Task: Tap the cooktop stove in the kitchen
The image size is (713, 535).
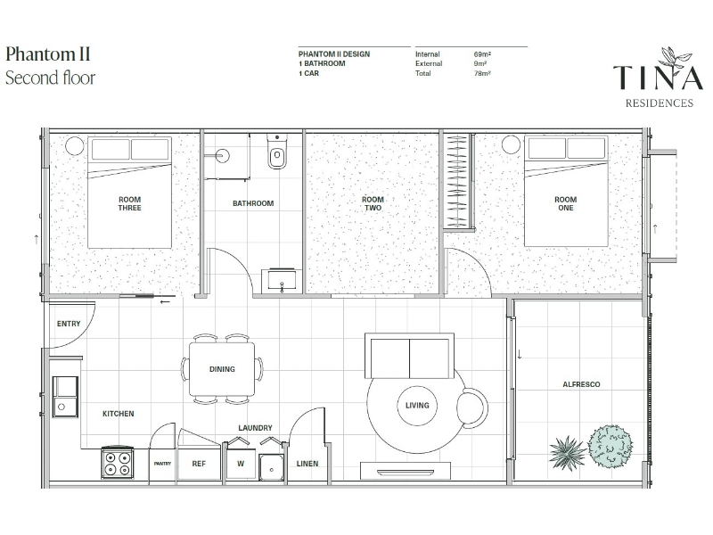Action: (118, 463)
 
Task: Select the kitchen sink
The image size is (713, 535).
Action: (65, 396)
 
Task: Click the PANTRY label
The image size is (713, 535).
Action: (162, 464)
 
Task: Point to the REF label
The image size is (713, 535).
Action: (199, 464)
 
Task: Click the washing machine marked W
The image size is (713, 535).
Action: (241, 460)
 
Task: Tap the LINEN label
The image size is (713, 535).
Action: (307, 464)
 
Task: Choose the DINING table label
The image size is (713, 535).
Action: (222, 369)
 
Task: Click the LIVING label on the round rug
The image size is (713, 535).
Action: (417, 405)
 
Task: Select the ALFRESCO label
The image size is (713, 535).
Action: (581, 384)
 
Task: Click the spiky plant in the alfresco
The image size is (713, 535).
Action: (567, 452)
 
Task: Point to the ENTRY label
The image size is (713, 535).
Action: (69, 324)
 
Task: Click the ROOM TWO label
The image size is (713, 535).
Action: (373, 203)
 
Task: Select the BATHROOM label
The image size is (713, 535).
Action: (253, 203)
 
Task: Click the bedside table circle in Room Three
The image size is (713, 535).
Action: (75, 146)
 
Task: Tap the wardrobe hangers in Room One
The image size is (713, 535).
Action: (457, 181)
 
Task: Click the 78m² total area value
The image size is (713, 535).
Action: (482, 73)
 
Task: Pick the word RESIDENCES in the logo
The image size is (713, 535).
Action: (660, 103)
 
